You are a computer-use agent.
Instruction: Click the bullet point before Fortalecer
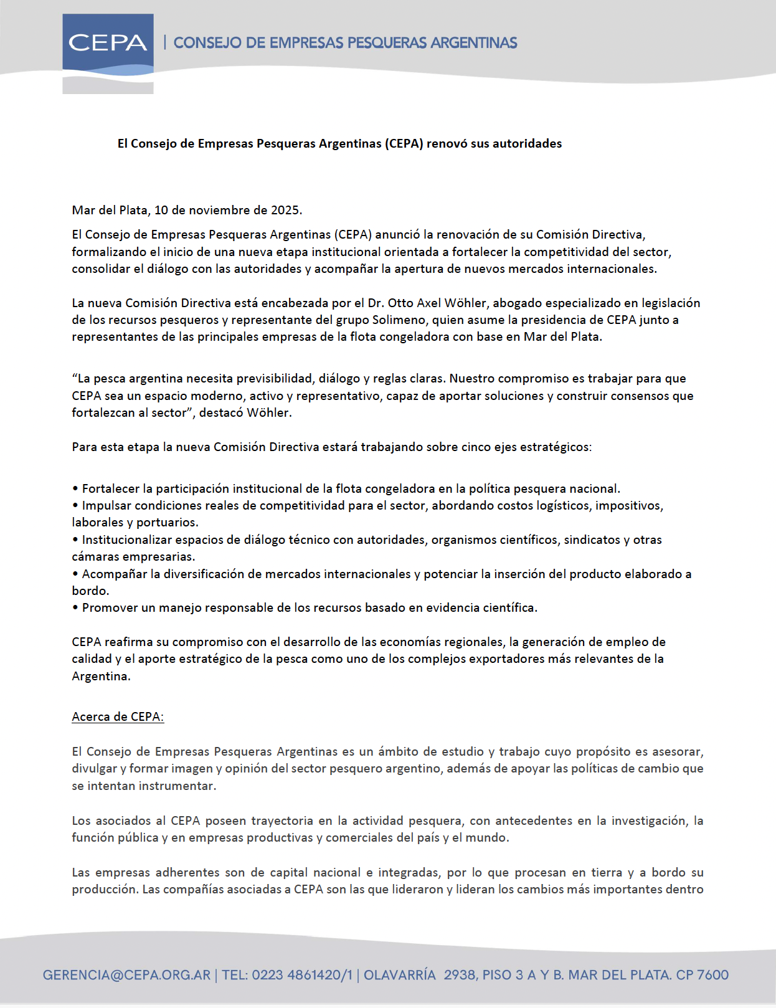point(75,489)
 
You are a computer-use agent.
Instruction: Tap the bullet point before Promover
point(75,608)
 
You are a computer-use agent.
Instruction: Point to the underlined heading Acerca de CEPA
point(118,717)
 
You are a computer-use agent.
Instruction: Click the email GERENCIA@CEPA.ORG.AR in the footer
point(126,975)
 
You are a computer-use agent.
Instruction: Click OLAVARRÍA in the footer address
point(399,975)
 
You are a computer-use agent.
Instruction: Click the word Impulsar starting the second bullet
point(106,506)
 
